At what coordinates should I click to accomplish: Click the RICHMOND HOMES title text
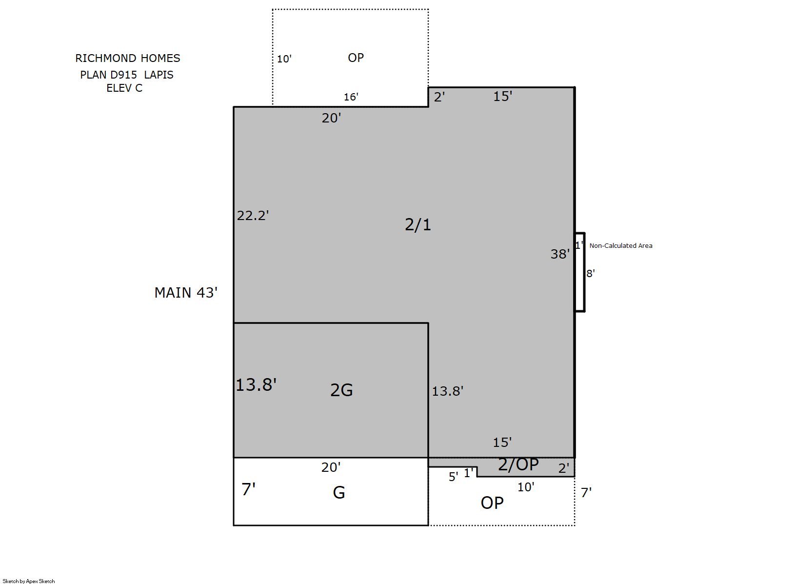click(128, 58)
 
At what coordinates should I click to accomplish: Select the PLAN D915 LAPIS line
click(126, 75)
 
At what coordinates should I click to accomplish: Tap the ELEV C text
click(124, 88)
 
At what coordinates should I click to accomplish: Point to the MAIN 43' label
click(186, 293)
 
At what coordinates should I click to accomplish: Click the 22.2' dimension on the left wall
click(253, 215)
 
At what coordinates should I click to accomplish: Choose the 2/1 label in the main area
click(418, 224)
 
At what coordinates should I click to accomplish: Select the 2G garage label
click(341, 390)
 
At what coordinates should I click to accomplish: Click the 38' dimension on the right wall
click(560, 254)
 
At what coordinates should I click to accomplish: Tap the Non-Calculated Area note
click(621, 245)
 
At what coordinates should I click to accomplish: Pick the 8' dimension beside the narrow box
click(590, 273)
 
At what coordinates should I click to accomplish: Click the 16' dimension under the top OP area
click(351, 97)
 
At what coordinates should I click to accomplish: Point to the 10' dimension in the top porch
click(284, 59)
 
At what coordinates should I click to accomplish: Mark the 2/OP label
click(518, 464)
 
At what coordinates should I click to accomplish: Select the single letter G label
click(339, 493)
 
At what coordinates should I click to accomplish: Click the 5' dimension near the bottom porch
click(454, 477)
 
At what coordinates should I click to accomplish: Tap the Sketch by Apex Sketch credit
click(29, 581)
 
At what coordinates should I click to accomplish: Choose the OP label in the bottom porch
click(492, 503)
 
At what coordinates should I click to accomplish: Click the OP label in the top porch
click(356, 58)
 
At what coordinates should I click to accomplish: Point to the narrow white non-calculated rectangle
click(580, 272)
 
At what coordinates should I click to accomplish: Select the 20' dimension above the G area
click(331, 467)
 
